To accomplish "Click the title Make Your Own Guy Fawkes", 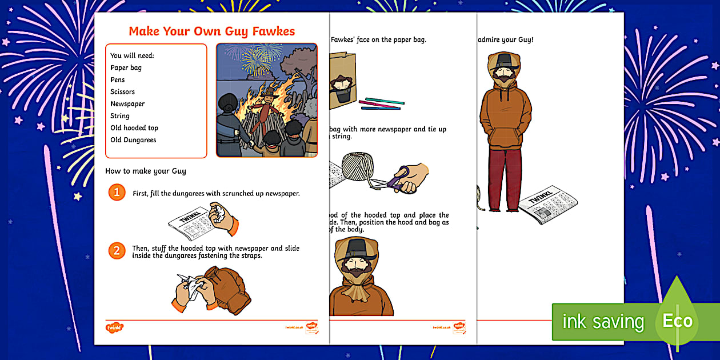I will pos(211,31).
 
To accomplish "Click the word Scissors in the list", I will pos(122,92).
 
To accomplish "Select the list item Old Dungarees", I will pos(133,140).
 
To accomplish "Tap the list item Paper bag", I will pos(126,68).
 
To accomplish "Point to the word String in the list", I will pos(120,116).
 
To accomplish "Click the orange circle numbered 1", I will pos(117,193).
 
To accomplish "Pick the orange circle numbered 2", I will pos(117,250).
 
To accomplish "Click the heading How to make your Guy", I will pos(145,171).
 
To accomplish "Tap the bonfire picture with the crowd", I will pos(266,100).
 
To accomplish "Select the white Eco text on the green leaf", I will pos(677,321).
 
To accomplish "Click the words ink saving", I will pos(602,322).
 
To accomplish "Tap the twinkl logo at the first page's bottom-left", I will pos(114,328).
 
